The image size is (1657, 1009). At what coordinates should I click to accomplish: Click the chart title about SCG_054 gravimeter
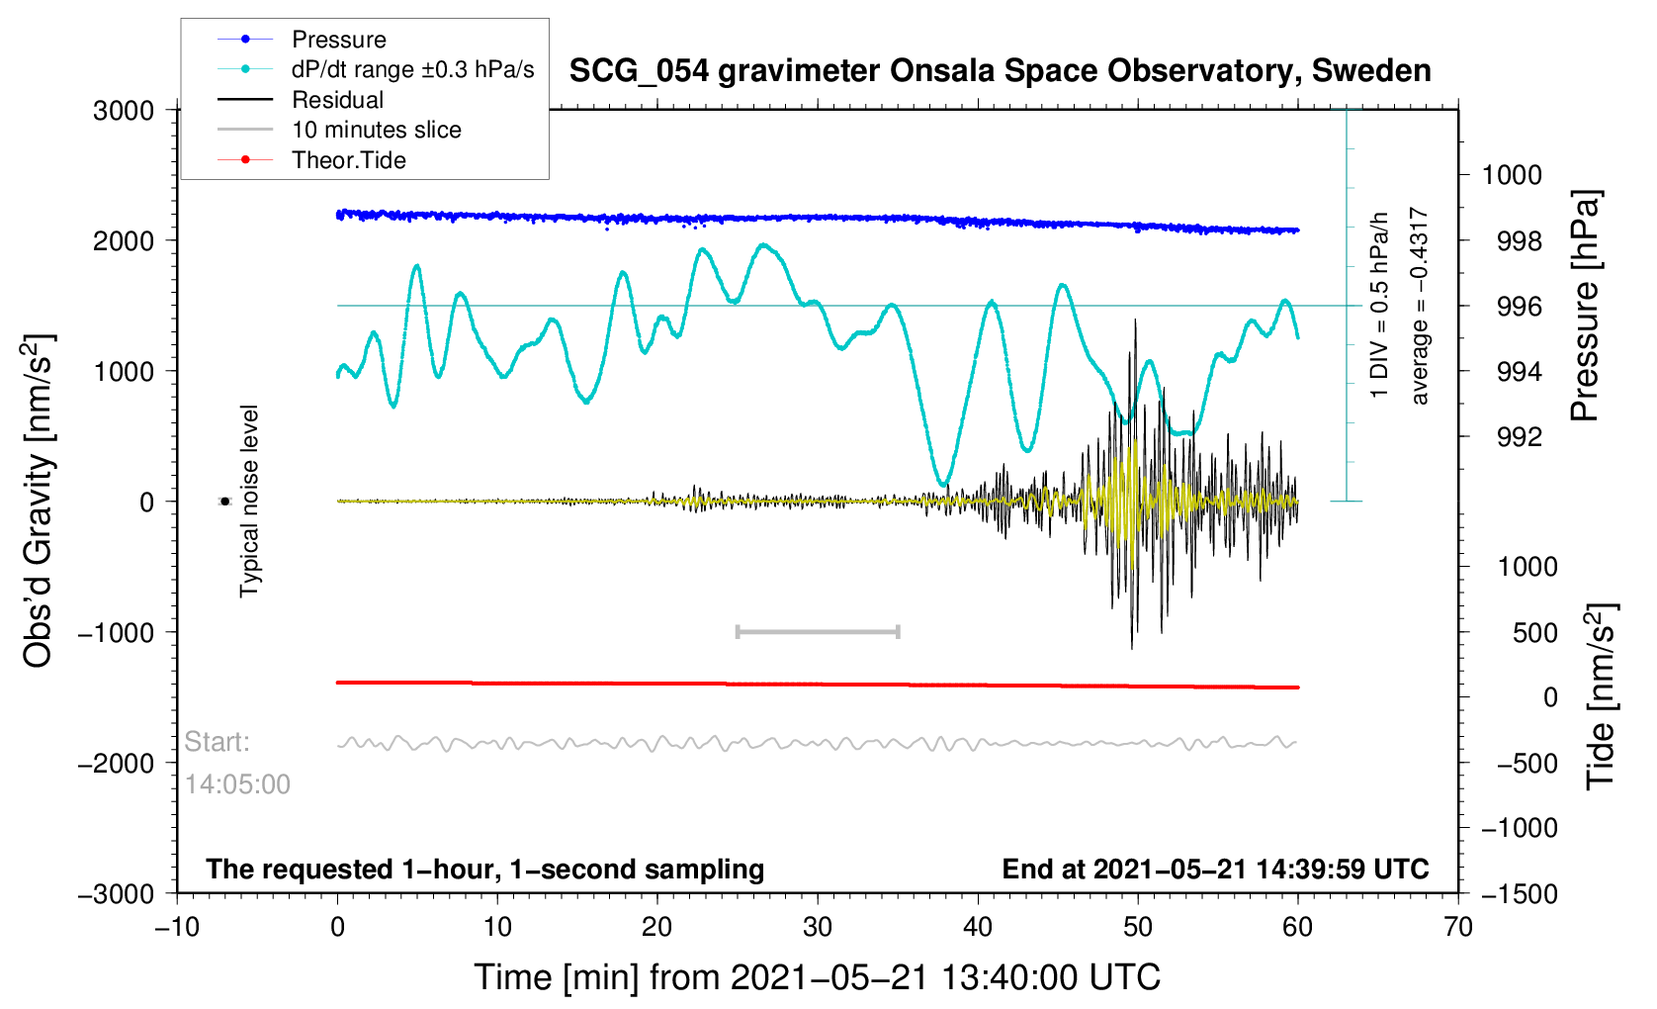coord(1001,71)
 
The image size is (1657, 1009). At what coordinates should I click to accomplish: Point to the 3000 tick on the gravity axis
coord(124,111)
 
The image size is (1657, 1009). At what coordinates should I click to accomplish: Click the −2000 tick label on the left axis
coord(116,763)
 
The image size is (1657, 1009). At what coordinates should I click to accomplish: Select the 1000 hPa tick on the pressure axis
coord(1512,175)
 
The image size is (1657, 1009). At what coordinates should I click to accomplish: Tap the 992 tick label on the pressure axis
coord(1520,437)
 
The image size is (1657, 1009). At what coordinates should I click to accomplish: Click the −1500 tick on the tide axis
coord(1520,893)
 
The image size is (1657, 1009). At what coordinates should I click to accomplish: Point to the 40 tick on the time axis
coord(978,926)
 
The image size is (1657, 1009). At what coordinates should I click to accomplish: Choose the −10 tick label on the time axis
coord(177,926)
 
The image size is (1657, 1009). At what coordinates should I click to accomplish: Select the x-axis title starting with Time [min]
coord(817,977)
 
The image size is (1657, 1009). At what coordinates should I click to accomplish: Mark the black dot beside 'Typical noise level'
coord(224,502)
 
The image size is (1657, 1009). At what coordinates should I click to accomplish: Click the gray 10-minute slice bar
coord(818,631)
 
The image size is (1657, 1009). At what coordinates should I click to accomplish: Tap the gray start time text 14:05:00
coord(237,784)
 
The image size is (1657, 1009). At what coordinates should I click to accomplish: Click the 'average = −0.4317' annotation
coord(1419,306)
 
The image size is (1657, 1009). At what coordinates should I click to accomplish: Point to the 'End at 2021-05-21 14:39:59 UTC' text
coord(1215,870)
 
